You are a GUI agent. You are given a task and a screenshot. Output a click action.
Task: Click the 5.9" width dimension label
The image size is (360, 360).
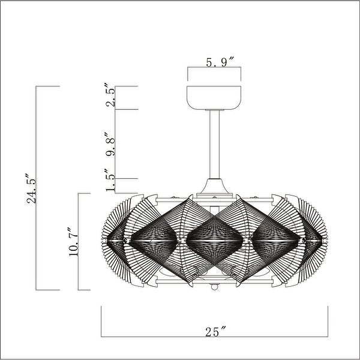pyautogui.click(x=215, y=62)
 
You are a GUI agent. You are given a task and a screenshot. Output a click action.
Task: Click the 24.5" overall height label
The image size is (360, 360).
pyautogui.click(x=31, y=188)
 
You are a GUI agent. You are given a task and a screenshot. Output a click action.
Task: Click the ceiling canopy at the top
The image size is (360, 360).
pyautogui.click(x=215, y=97)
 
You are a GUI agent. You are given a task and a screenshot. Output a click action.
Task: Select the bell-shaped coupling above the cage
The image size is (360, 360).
pyautogui.click(x=215, y=187)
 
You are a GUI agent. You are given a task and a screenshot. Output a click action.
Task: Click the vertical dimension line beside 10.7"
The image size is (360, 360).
pyautogui.click(x=80, y=241)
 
